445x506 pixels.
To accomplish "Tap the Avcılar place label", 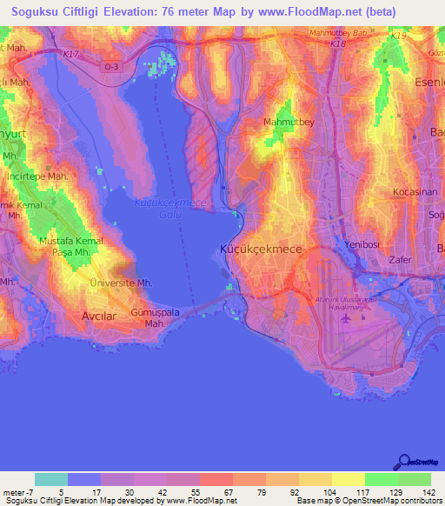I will (x=97, y=316).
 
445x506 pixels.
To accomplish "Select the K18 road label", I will (x=338, y=42).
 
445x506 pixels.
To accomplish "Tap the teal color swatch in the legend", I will (x=51, y=479).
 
